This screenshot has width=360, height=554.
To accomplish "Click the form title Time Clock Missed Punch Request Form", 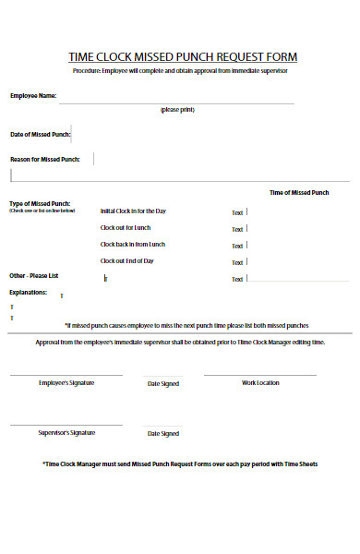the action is coord(183,57).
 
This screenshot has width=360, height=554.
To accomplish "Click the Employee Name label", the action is coord(33,95).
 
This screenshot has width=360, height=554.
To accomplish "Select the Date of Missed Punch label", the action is coord(40,135).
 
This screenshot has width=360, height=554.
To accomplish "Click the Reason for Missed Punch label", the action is coord(44,160).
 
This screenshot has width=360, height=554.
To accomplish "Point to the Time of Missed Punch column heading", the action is coord(297,192).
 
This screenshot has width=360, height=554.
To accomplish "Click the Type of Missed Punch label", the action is coord(40,203).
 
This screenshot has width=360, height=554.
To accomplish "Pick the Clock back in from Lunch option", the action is coord(133,245).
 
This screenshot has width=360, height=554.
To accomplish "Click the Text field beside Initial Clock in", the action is coord(238,213).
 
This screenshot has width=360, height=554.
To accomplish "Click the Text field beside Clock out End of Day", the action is coord(238,262).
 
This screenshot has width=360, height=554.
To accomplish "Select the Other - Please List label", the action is coord(33,276).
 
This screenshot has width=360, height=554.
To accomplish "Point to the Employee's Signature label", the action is coord(66,382).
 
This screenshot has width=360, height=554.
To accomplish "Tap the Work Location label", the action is coord(260,382).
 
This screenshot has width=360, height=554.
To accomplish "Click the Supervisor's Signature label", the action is coord(66,432).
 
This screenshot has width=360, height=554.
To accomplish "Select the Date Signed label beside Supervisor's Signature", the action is coord(163,433).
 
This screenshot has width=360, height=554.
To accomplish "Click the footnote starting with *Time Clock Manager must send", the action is coord(180,464).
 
